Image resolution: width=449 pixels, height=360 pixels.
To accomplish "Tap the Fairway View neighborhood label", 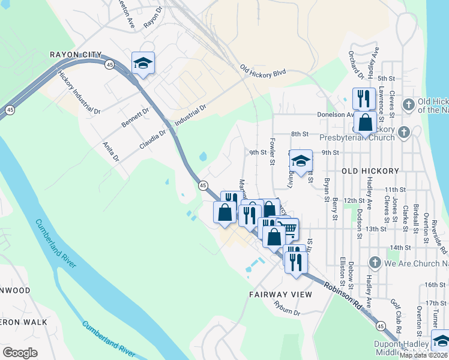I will click(280, 295).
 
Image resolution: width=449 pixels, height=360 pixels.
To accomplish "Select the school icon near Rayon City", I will click(143, 63).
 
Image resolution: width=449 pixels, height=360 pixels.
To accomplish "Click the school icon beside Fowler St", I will click(301, 161).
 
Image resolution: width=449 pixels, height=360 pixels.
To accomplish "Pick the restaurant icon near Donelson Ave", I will click(364, 98).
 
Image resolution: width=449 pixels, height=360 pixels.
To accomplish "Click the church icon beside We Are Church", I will click(375, 262).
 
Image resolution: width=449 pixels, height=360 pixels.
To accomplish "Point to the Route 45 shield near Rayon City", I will click(109, 64).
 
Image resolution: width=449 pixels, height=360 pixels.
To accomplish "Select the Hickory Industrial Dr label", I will click(79, 92).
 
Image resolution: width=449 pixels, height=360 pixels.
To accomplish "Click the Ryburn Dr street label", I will click(286, 310).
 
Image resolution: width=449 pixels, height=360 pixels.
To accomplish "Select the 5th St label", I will click(385, 79).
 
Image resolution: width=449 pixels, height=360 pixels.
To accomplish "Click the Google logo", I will click(20, 352).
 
